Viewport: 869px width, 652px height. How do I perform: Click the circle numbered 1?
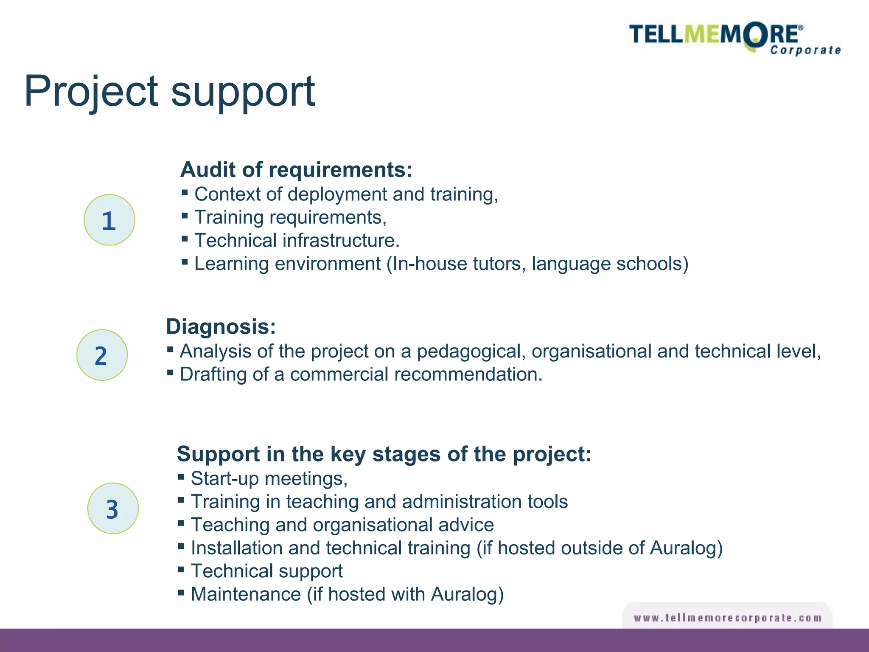(109, 220)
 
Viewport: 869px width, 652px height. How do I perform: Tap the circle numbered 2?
(102, 355)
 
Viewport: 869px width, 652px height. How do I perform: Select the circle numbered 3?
(113, 508)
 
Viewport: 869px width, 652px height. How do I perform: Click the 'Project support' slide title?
(169, 91)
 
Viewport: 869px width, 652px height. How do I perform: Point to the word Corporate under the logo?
(805, 51)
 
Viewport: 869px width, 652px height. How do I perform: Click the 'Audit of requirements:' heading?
(296, 170)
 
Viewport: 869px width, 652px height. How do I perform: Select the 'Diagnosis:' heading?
(221, 327)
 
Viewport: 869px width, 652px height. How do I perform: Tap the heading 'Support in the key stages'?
(384, 454)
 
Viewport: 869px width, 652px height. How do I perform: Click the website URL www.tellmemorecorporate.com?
(727, 618)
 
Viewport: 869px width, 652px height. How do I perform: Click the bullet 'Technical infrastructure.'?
(297, 241)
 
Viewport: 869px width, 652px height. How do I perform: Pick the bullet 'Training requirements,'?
(290, 217)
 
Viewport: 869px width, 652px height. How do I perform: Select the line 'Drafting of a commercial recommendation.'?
(361, 374)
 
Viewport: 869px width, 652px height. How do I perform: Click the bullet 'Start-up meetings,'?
(269, 479)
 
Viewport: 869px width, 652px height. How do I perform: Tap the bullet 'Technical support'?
(266, 571)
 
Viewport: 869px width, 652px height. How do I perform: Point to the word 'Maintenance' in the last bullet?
(246, 594)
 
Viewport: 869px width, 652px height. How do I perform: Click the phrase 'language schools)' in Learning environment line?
(610, 264)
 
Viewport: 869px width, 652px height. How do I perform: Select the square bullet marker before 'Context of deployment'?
(185, 193)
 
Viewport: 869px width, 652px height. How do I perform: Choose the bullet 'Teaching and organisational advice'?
(342, 525)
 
